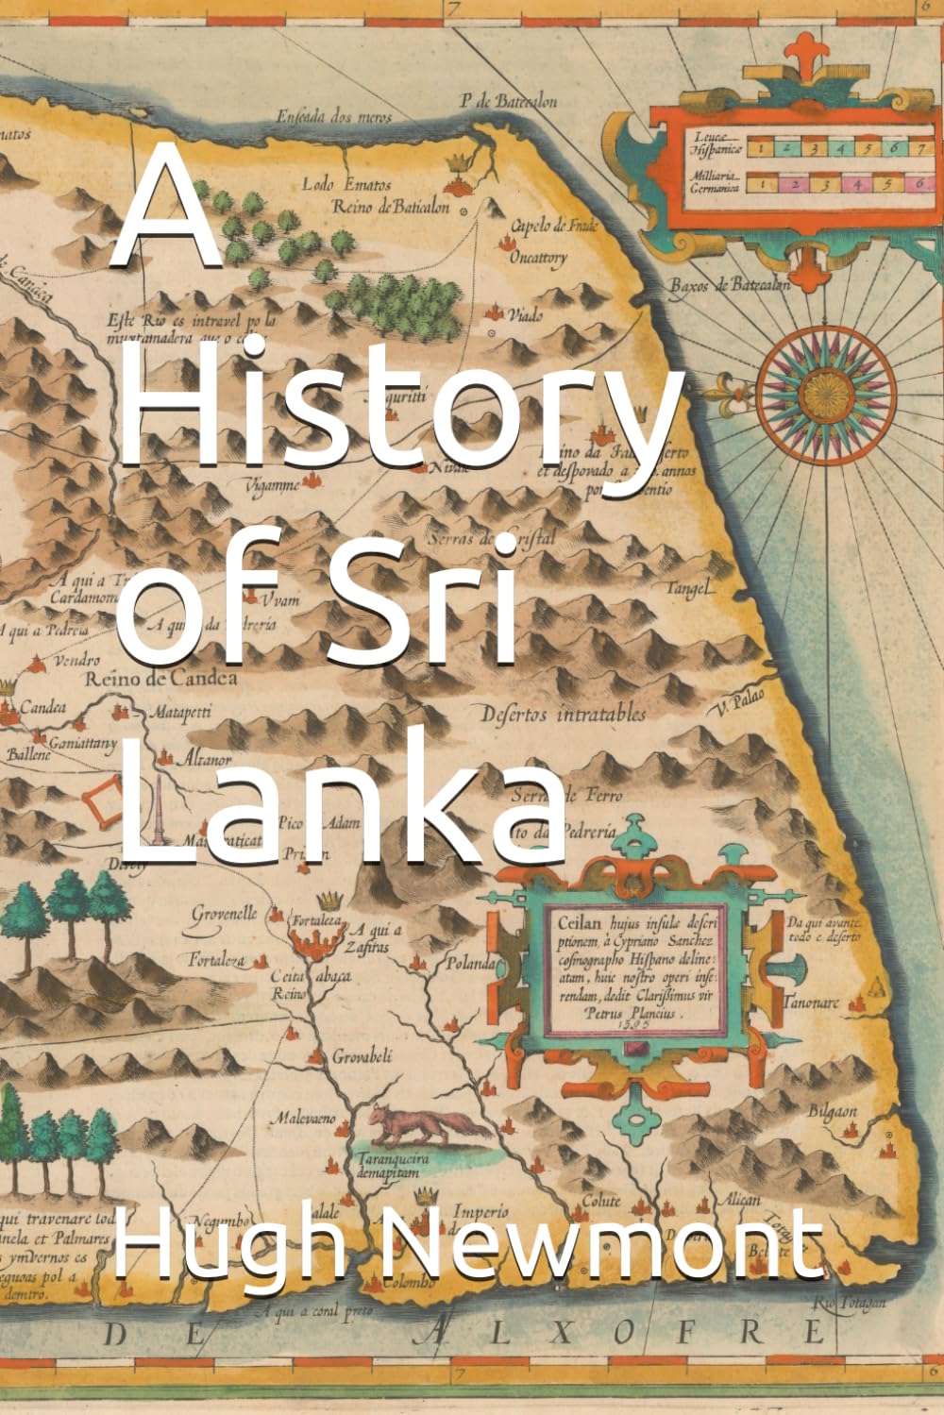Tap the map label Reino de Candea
point(160,678)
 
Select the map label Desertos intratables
point(564,714)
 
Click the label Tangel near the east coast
point(688,588)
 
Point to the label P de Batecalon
point(508,102)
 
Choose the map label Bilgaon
point(832,1111)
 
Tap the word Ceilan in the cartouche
point(575,915)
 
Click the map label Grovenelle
point(225,913)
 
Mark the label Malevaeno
point(304,1119)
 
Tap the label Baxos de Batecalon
point(729,285)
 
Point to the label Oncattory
point(538,257)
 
